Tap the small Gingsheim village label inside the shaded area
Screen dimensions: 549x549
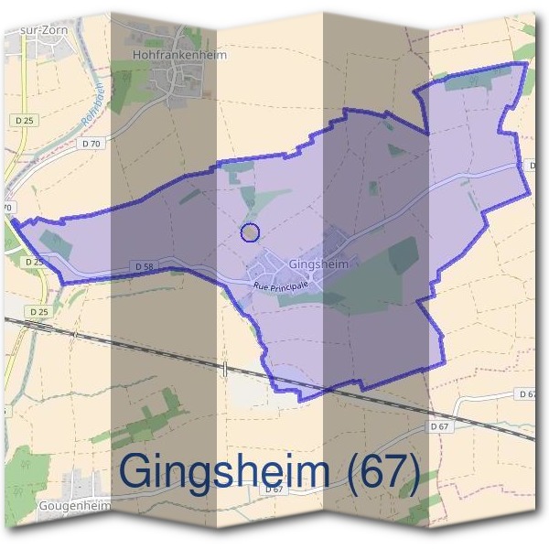tap(318, 264)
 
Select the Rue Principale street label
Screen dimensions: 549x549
tap(282, 285)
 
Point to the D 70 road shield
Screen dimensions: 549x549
tap(90, 144)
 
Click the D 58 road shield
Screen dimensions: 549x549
tap(143, 266)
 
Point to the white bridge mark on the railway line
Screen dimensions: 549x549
tap(225, 368)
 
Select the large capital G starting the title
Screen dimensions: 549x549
tap(138, 471)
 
